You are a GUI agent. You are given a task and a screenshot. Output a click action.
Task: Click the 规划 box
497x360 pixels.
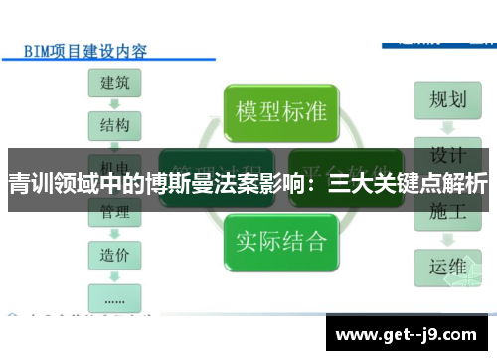(x=447, y=98)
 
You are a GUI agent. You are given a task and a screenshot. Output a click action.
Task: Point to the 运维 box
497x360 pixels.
(x=447, y=267)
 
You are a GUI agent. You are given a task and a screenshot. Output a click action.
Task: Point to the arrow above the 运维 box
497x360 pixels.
(x=447, y=239)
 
